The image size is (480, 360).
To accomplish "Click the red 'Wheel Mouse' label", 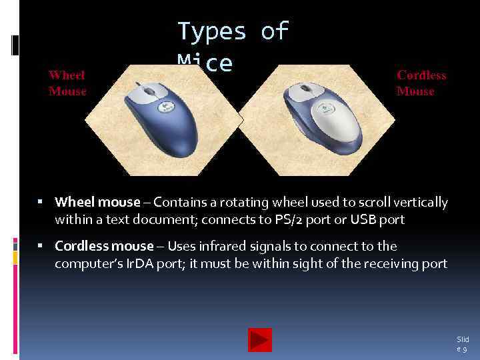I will coord(67,83).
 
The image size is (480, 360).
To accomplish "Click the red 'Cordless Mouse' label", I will coord(421,83).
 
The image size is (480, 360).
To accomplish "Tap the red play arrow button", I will coord(259,340).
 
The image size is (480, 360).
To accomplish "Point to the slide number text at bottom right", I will coord(462,344).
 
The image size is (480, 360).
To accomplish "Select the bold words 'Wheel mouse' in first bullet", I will coord(97,202).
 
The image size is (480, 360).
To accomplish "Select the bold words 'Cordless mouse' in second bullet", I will coord(104,247).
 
